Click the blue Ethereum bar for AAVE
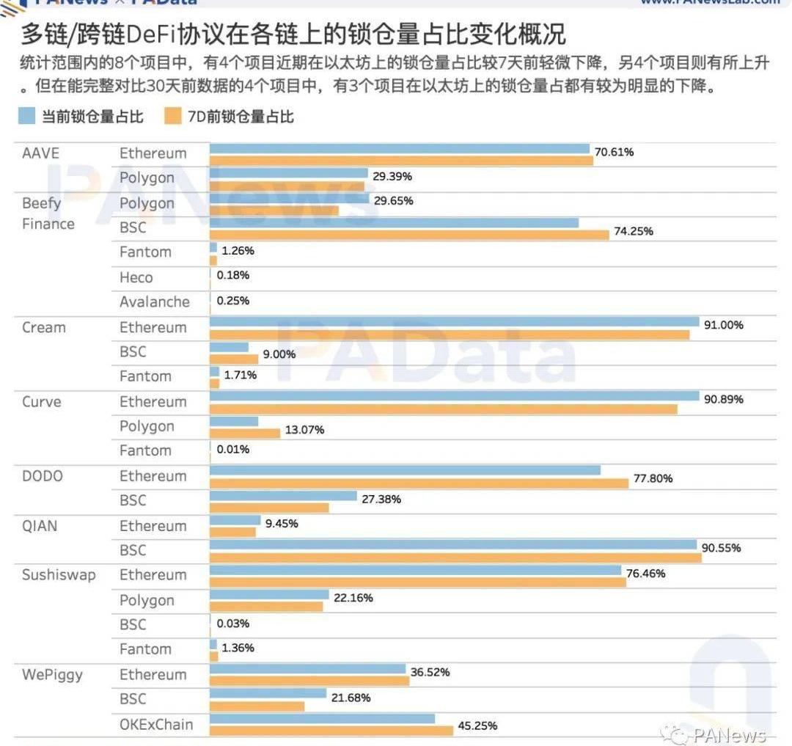click(x=400, y=149)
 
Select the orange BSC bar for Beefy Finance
click(x=409, y=235)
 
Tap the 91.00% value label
click(x=724, y=324)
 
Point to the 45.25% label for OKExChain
click(x=478, y=725)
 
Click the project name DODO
click(x=43, y=476)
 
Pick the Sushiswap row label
click(x=59, y=574)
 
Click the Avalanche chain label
click(x=155, y=301)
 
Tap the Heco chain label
click(x=136, y=277)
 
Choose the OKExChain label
click(x=156, y=724)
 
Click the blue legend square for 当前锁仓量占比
click(x=27, y=116)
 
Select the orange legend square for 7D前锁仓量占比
click(x=172, y=116)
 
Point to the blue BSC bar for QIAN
click(x=453, y=544)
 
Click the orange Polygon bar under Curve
click(x=245, y=433)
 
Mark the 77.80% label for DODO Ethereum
click(x=653, y=478)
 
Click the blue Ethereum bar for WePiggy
click(x=307, y=669)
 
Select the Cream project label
click(x=44, y=327)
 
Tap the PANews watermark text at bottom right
click(x=729, y=734)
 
